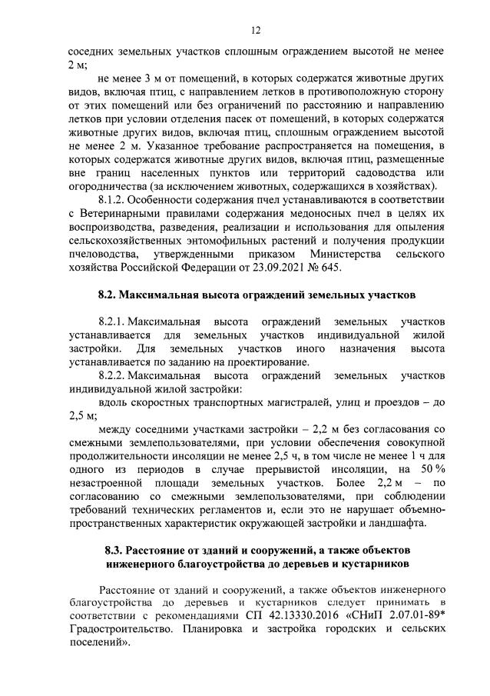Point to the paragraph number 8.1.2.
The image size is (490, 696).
[115, 198]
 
